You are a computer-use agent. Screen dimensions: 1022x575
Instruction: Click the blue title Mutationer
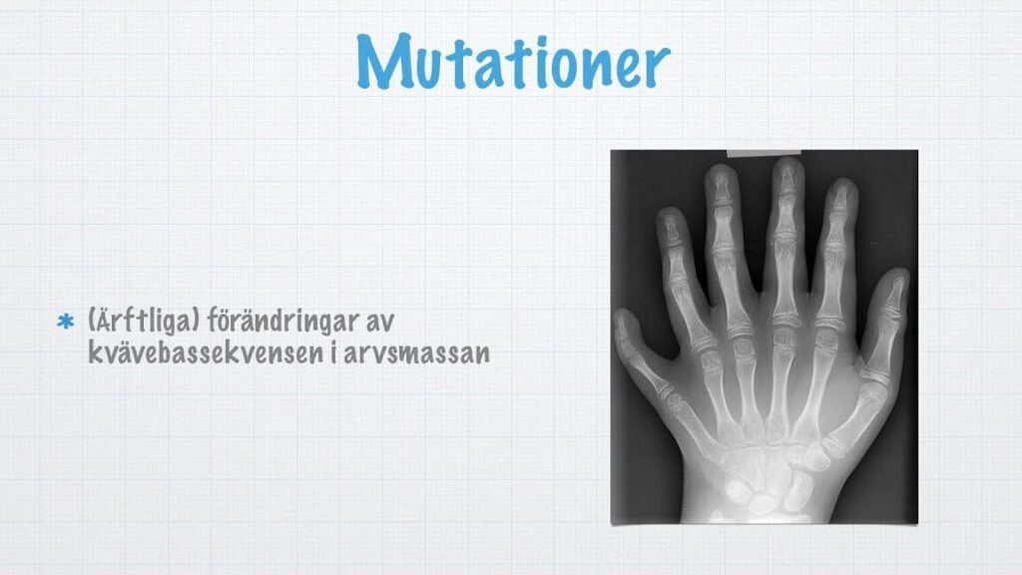[x=513, y=61]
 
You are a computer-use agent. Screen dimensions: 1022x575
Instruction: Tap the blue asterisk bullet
[x=65, y=321]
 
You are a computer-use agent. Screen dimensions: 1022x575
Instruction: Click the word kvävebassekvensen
[x=206, y=352]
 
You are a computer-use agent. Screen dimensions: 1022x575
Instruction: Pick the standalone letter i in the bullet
[x=333, y=352]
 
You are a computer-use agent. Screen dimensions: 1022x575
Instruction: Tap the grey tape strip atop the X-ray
[x=764, y=154]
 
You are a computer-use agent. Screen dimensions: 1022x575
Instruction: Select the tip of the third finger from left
[x=721, y=167]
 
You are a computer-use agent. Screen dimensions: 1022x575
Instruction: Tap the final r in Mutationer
[x=657, y=66]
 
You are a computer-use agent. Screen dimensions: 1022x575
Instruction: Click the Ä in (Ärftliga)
[x=103, y=320]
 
